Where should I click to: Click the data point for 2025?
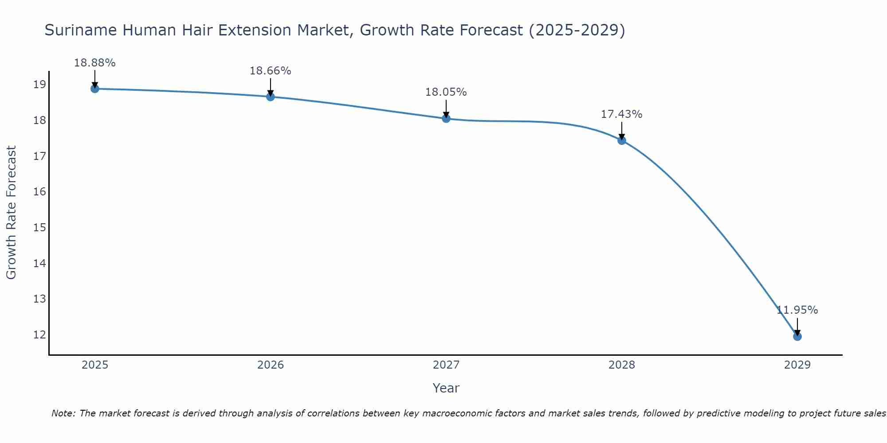(x=94, y=89)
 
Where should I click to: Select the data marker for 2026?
(x=271, y=97)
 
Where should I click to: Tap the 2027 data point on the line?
(x=446, y=118)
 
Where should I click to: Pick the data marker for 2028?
(x=622, y=140)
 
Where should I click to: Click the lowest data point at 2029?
(x=797, y=336)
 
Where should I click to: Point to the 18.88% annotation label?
(x=94, y=63)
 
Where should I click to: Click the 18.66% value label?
(x=271, y=71)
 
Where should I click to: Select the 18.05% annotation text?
(x=446, y=92)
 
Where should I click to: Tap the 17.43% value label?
(x=622, y=114)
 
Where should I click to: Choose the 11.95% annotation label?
(x=797, y=310)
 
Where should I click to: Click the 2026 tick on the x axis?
(x=271, y=365)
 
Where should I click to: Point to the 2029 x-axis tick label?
(x=797, y=365)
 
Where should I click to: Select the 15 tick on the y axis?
(x=40, y=228)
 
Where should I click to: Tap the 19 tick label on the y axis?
(x=40, y=85)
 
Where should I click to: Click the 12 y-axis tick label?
(x=40, y=335)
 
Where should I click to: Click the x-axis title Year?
(x=446, y=388)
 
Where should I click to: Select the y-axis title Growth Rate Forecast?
(x=12, y=213)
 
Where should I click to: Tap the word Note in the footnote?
(x=63, y=413)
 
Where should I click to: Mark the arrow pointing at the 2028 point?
(x=622, y=131)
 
